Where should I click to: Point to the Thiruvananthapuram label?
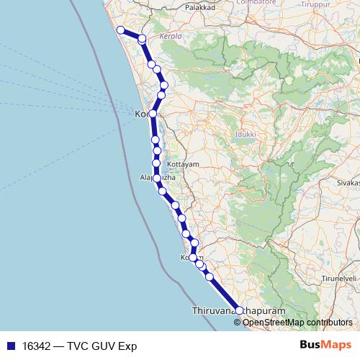[x=234, y=310]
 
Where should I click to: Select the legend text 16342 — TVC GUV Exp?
[x=79, y=346]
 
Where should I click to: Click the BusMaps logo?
[x=325, y=346]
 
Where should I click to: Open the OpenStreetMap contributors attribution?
[x=297, y=323]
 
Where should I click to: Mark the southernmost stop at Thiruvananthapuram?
[x=240, y=310]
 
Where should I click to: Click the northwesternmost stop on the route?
[x=121, y=30]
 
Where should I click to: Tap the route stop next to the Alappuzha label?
[x=157, y=177]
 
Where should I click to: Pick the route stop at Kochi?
[x=153, y=114]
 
